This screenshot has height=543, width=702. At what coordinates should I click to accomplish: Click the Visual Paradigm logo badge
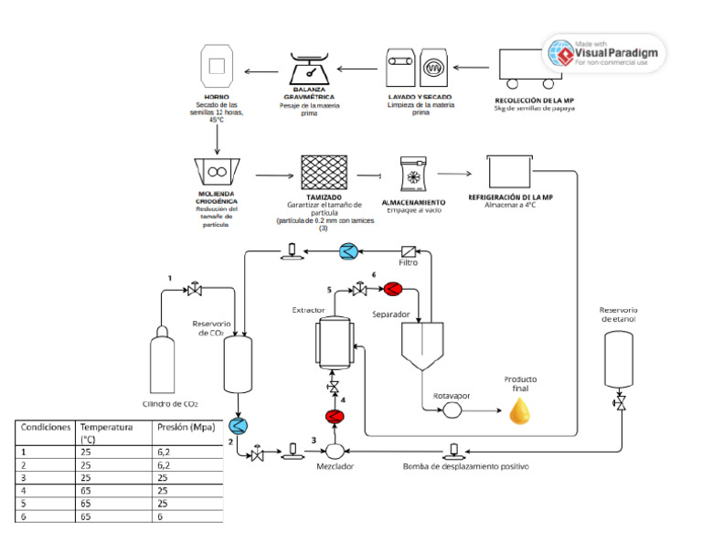click(604, 54)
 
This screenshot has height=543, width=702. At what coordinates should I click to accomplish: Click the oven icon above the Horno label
click(216, 68)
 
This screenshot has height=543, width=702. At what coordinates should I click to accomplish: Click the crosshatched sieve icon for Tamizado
click(327, 171)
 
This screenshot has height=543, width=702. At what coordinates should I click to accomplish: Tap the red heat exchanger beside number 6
click(394, 290)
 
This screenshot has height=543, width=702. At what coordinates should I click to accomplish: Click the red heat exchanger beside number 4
click(333, 418)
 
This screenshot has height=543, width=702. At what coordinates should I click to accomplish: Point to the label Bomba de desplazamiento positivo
click(466, 467)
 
